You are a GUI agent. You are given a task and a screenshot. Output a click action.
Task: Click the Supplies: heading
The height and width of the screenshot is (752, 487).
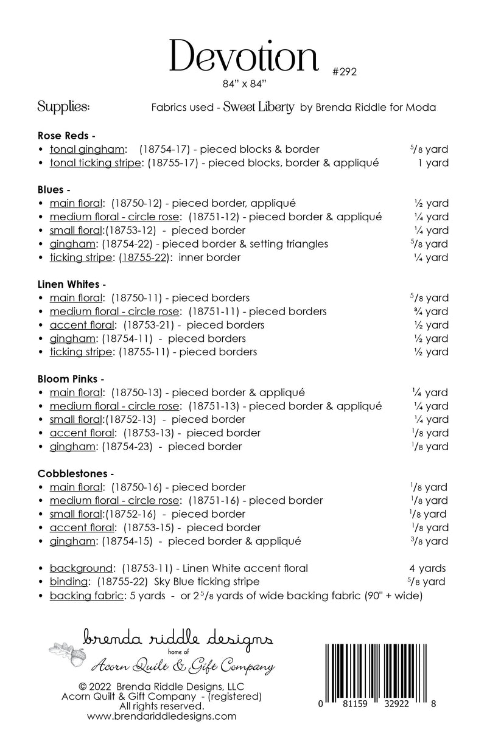pyautogui.click(x=64, y=107)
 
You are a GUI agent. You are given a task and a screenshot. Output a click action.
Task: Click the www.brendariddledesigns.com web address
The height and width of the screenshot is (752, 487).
pyautogui.click(x=162, y=717)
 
